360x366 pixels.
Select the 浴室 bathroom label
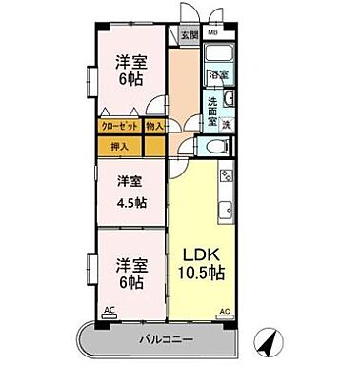(x=219, y=72)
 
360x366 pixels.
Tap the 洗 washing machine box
(x=226, y=124)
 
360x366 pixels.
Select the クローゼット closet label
(x=120, y=125)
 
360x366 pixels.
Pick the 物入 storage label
(x=155, y=125)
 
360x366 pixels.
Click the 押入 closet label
(x=118, y=147)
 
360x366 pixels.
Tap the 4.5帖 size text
(x=130, y=201)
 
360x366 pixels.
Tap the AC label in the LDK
(x=225, y=312)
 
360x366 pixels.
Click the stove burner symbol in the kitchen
(x=226, y=175)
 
